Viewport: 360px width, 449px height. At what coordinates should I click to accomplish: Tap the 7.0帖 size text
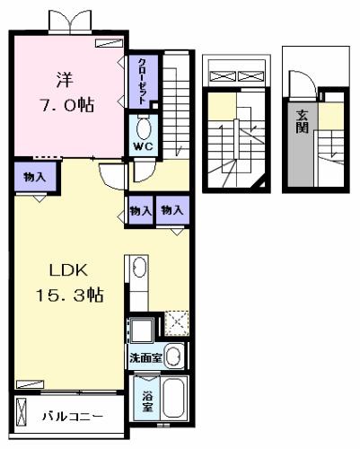[67, 105]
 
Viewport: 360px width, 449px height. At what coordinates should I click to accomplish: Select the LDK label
[68, 270]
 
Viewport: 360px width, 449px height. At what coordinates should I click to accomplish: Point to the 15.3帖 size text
[70, 295]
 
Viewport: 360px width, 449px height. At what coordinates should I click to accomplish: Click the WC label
[143, 146]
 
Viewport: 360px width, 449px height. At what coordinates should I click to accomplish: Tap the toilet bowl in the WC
[144, 128]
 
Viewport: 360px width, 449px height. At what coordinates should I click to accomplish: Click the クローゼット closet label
[143, 81]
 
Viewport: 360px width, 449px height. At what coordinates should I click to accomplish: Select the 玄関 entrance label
[302, 121]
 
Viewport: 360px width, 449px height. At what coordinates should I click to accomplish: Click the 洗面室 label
[145, 357]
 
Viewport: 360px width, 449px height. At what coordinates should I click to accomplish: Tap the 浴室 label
[147, 401]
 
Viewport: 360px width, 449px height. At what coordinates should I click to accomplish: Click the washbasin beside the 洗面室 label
[174, 356]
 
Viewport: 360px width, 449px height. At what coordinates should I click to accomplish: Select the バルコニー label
[73, 417]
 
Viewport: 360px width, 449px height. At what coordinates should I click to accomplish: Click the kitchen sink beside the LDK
[139, 268]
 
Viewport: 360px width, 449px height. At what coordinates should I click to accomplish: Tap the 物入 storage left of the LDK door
[34, 177]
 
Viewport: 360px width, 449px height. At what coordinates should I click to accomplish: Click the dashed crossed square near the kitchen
[177, 323]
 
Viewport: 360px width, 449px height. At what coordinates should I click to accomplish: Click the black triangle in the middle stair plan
[260, 184]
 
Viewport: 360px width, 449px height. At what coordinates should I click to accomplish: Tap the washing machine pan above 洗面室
[142, 330]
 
